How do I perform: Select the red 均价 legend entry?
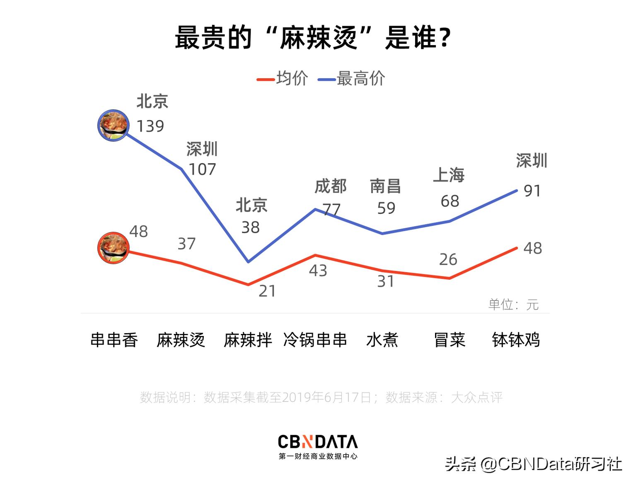[x=283, y=78]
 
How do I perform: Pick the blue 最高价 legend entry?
[x=352, y=78]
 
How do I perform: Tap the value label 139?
[x=150, y=126]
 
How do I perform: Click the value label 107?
[x=202, y=169]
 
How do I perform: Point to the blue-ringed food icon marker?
[x=113, y=125]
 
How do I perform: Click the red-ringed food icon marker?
[x=113, y=248]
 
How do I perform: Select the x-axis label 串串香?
[x=114, y=340]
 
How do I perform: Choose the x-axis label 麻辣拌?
[x=248, y=340]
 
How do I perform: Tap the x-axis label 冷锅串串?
[x=315, y=340]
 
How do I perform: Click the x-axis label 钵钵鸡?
[x=516, y=340]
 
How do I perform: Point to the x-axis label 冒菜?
[x=450, y=340]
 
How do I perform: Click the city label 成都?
[x=330, y=186]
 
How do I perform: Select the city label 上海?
[x=449, y=175]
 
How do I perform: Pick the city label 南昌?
[x=385, y=186]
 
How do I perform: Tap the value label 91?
[x=532, y=191]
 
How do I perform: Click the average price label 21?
[x=267, y=291]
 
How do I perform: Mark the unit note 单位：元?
[x=513, y=305]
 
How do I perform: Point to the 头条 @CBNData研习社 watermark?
[x=534, y=464]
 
